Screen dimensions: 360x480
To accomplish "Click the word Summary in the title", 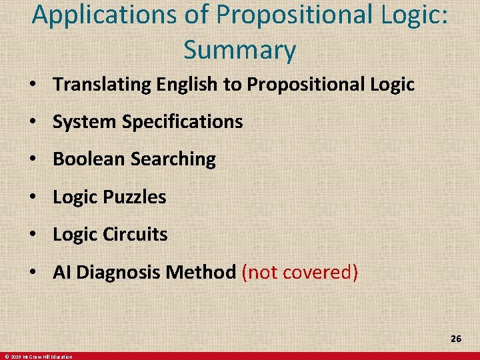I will coord(240,49).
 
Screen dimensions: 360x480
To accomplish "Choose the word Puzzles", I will coord(135,197).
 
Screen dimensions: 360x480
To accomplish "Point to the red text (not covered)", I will coord(300,272).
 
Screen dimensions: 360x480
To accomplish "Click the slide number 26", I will coord(456,339).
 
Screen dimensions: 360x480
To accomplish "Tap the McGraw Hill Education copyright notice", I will coord(38,357).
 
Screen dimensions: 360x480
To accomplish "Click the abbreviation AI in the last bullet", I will coord(62,272).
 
